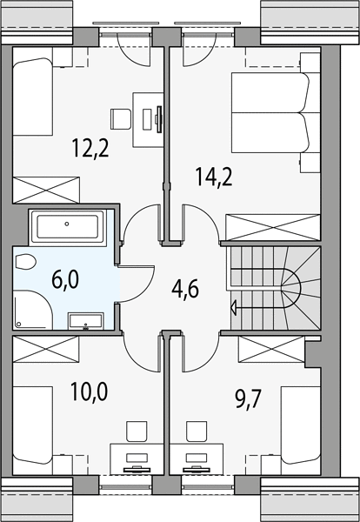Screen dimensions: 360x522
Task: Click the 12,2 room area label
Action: tap(90, 149)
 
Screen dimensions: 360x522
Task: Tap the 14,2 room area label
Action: tap(214, 177)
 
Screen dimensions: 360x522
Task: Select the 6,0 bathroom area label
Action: tap(65, 279)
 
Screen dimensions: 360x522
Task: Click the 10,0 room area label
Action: tap(90, 391)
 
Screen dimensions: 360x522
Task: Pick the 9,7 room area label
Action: tap(249, 398)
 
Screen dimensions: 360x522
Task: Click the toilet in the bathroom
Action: tap(25, 262)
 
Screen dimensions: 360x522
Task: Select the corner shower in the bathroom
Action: tap(33, 310)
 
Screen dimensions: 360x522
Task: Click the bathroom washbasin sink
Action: tap(86, 321)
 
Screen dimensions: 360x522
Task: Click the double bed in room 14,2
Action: tap(270, 112)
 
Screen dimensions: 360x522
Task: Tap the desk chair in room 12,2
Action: tap(121, 119)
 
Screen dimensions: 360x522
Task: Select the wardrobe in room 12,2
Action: tap(46, 190)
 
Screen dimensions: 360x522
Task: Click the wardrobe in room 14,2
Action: tap(273, 227)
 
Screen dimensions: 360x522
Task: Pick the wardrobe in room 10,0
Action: tap(45, 349)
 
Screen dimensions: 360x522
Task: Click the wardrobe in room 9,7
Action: tap(272, 349)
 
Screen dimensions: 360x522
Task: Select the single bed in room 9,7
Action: tap(301, 425)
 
